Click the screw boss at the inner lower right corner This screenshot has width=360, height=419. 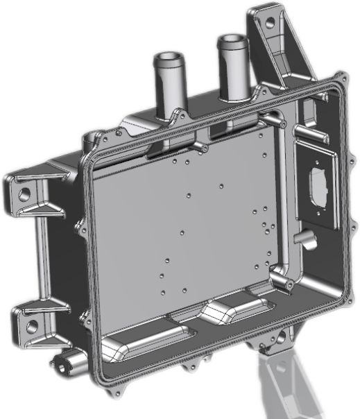click(277, 281)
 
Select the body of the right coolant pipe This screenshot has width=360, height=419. click(230, 73)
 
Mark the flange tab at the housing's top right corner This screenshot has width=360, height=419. click(339, 78)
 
